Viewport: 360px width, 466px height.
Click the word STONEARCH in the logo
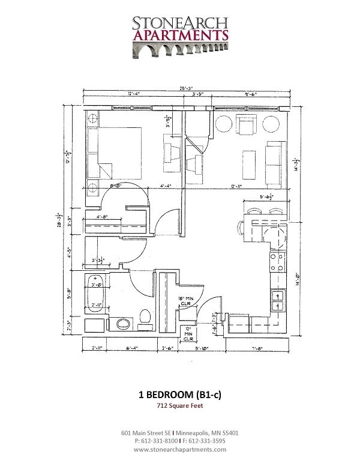coord(181,23)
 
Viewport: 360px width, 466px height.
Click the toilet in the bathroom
coord(145,317)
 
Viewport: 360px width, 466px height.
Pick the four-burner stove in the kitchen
coord(278,262)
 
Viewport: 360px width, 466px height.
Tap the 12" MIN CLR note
coord(189,333)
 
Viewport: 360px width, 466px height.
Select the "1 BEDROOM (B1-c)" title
coord(180,395)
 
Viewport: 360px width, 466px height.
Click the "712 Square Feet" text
coord(180,407)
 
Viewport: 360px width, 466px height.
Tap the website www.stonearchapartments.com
coord(180,449)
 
